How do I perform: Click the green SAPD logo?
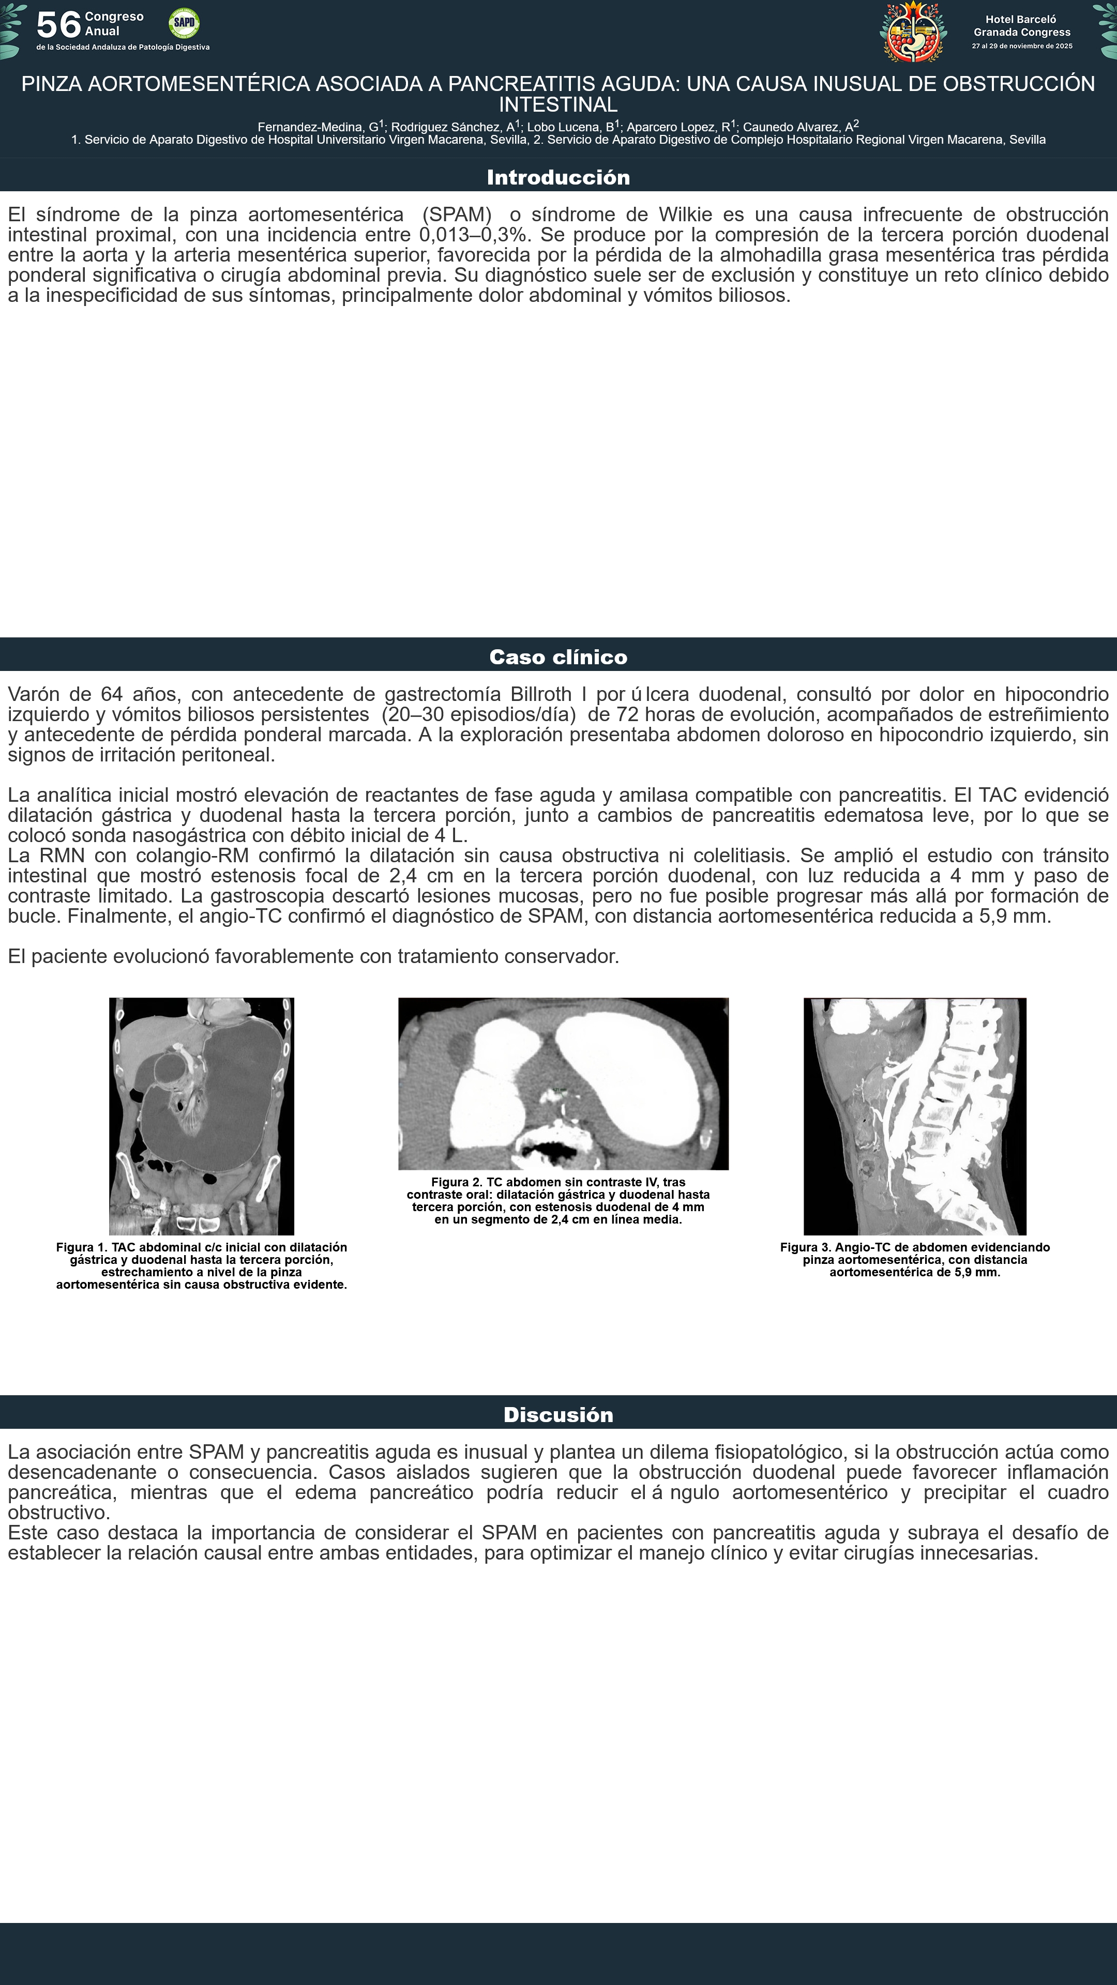pyautogui.click(x=184, y=23)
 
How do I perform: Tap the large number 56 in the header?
pyautogui.click(x=58, y=25)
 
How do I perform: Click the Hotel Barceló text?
pyautogui.click(x=1021, y=19)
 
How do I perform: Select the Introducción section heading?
pyautogui.click(x=558, y=177)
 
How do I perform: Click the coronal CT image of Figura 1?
pyautogui.click(x=201, y=1116)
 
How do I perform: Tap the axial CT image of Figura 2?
pyautogui.click(x=563, y=1083)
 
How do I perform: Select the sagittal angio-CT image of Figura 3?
pyautogui.click(x=914, y=1116)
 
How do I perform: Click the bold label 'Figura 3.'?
pyautogui.click(x=806, y=1247)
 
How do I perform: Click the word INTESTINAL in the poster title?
pyautogui.click(x=558, y=105)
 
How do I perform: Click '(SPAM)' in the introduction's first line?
pyautogui.click(x=456, y=214)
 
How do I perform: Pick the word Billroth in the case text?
pyautogui.click(x=540, y=694)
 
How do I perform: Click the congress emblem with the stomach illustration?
pyautogui.click(x=913, y=32)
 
